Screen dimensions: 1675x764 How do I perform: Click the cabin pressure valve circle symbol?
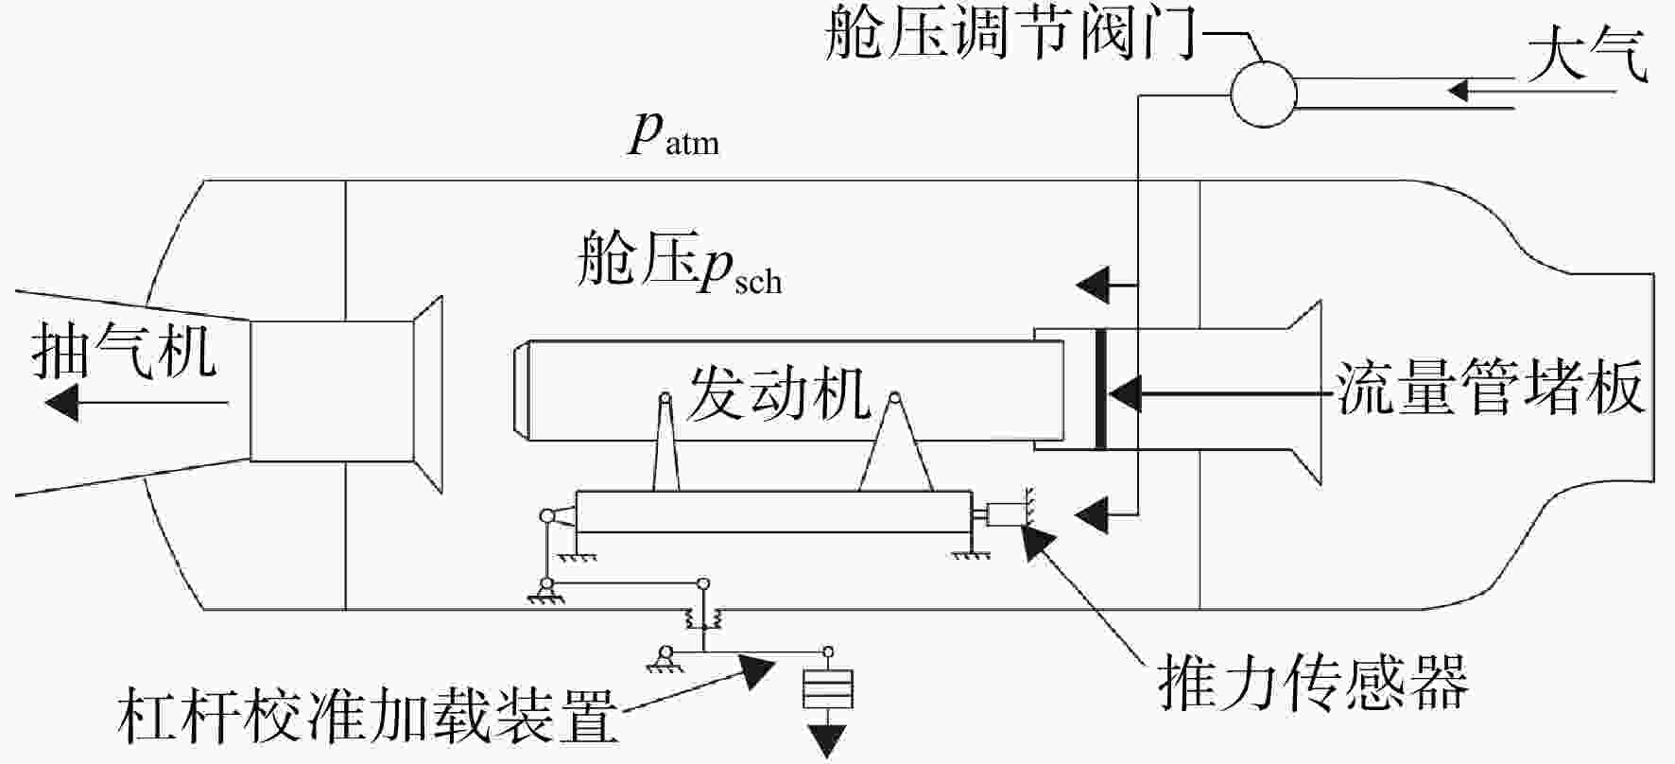tap(1263, 94)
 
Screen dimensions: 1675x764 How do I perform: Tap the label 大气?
tap(1587, 55)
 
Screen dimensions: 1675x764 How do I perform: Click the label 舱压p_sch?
tap(680, 259)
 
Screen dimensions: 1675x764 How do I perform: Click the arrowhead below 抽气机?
tap(60, 403)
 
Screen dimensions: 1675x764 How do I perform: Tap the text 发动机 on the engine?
tap(779, 393)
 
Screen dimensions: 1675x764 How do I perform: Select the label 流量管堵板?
tap(1491, 389)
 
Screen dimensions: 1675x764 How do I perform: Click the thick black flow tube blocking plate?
tap(1099, 389)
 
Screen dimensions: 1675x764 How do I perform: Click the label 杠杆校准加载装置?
tap(369, 718)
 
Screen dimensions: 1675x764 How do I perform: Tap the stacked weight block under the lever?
tap(827, 689)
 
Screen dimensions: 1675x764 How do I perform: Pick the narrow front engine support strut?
tap(665, 443)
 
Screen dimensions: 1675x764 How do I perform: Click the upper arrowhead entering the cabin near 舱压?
tap(1094, 283)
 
